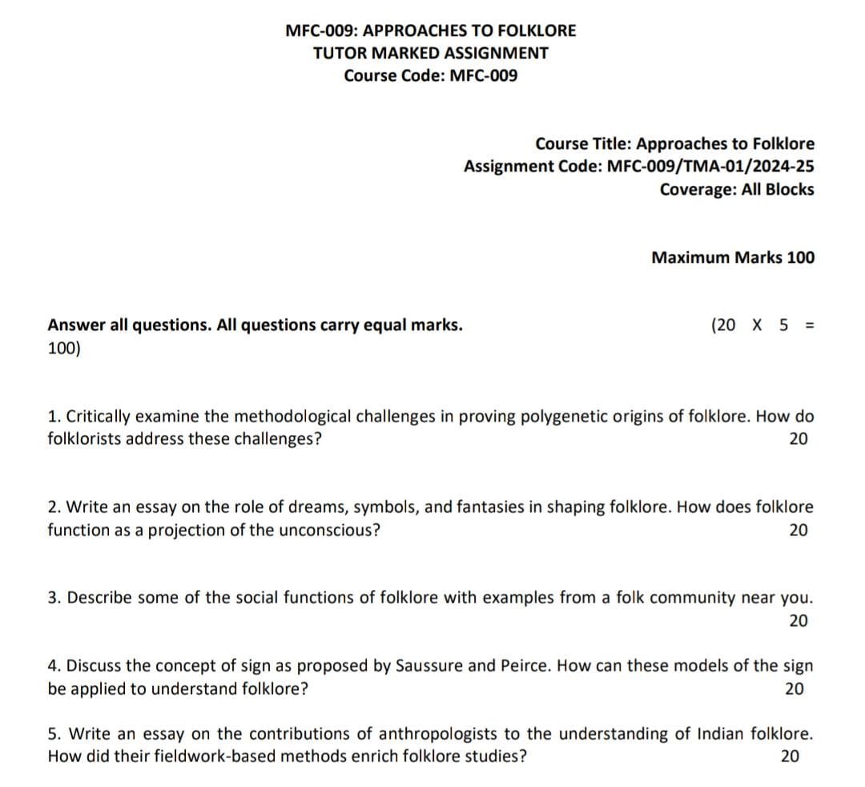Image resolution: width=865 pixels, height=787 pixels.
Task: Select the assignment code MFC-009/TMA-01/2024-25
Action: (x=711, y=167)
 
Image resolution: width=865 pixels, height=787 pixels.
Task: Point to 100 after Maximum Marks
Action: (x=801, y=257)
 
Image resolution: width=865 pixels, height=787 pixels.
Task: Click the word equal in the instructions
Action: (x=388, y=325)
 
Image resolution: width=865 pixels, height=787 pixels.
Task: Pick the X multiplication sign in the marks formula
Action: (x=757, y=325)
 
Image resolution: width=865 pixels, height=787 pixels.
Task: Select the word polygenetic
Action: (x=565, y=417)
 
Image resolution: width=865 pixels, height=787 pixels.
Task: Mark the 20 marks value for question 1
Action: (x=799, y=439)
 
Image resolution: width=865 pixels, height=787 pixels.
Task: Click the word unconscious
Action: (x=328, y=530)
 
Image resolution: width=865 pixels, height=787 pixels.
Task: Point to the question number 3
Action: (x=53, y=598)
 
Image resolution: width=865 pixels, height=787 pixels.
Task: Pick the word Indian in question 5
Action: (x=722, y=734)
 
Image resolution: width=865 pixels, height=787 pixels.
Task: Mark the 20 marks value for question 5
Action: (x=790, y=757)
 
